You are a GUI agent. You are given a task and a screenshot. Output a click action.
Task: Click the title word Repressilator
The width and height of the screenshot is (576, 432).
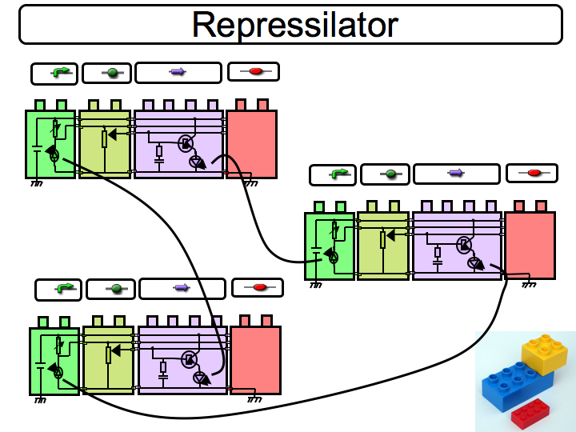click(x=294, y=25)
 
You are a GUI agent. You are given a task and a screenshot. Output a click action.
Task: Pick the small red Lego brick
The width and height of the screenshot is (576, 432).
click(x=530, y=412)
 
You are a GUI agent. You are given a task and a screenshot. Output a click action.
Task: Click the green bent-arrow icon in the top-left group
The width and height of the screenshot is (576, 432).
click(x=60, y=73)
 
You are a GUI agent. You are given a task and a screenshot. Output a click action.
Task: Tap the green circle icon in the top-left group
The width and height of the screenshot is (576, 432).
click(x=111, y=73)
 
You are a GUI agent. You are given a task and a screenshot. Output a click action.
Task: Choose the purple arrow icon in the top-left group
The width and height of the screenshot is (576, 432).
click(x=178, y=72)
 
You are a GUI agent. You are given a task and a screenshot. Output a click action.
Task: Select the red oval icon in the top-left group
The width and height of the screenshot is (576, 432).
click(x=255, y=71)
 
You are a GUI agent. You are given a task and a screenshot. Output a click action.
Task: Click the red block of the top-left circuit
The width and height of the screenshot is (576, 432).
click(x=251, y=144)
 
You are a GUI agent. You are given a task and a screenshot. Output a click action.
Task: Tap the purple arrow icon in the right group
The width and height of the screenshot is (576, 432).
click(x=456, y=173)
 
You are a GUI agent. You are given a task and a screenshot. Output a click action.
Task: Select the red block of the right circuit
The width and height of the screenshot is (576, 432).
click(x=530, y=245)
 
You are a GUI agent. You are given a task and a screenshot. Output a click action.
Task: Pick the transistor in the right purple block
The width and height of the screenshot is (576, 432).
click(x=464, y=245)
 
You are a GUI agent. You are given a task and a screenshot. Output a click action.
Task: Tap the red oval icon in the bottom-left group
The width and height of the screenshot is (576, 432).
click(x=259, y=287)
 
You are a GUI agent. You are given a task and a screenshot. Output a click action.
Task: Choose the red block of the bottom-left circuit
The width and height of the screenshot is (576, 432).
click(x=255, y=360)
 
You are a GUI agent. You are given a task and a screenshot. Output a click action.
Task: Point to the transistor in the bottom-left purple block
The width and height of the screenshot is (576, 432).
click(x=190, y=359)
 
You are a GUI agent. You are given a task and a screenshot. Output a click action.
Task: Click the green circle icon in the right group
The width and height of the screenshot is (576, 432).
click(x=390, y=174)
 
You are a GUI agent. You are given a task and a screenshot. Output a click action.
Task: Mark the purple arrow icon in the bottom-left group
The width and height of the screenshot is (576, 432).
click(x=182, y=288)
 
